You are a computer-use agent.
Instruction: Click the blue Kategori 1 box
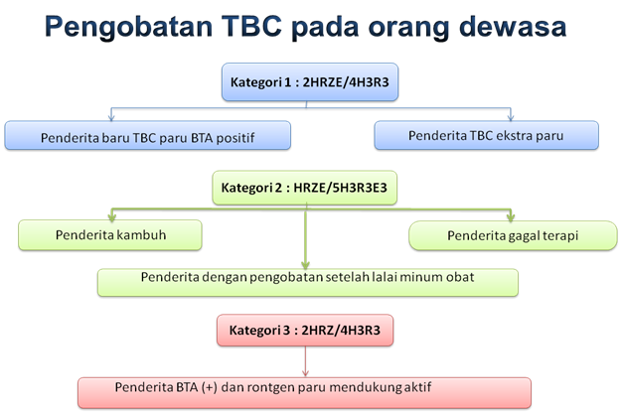click(x=310, y=82)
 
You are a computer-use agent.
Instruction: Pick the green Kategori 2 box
click(x=309, y=187)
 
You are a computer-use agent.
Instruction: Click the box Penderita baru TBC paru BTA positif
click(x=147, y=136)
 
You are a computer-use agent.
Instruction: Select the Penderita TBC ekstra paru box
click(x=486, y=136)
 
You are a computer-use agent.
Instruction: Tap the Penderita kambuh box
click(x=110, y=234)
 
